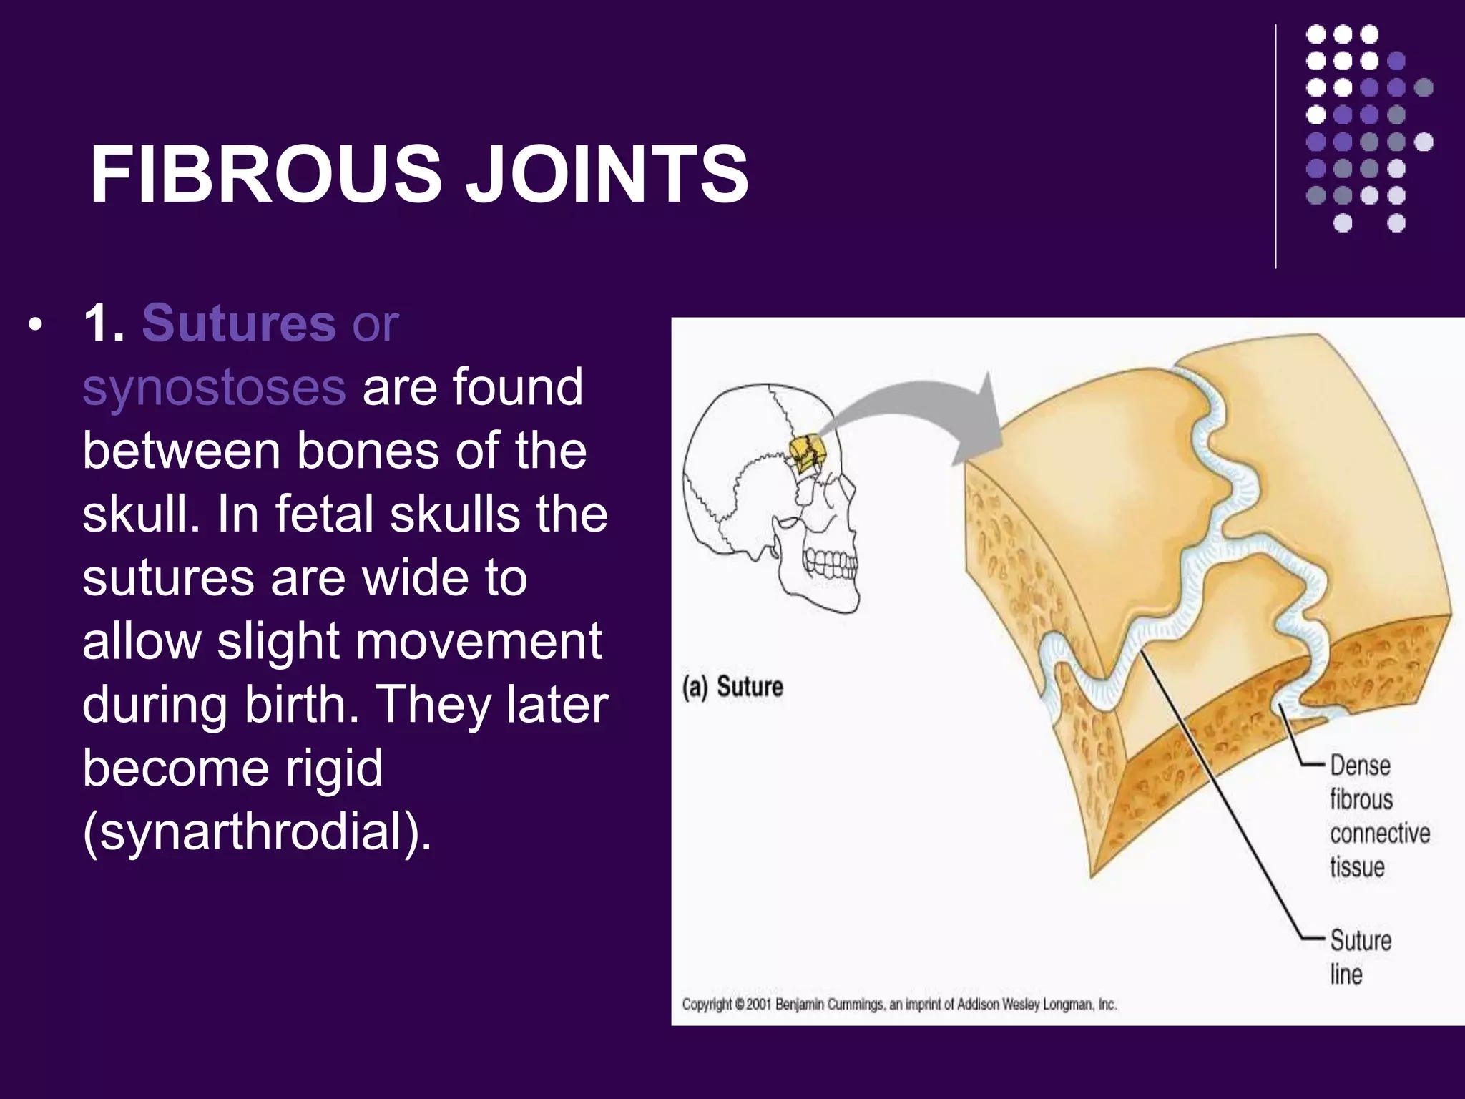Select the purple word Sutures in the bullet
(x=239, y=323)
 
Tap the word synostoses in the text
(x=214, y=387)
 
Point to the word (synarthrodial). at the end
(x=258, y=831)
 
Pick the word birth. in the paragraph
(x=302, y=705)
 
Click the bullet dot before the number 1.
(x=34, y=328)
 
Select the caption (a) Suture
(x=732, y=687)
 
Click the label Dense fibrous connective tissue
(x=1378, y=816)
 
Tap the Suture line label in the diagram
(x=1359, y=957)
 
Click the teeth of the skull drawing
(x=830, y=562)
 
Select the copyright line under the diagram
(x=898, y=1005)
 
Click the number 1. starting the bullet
(x=104, y=323)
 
